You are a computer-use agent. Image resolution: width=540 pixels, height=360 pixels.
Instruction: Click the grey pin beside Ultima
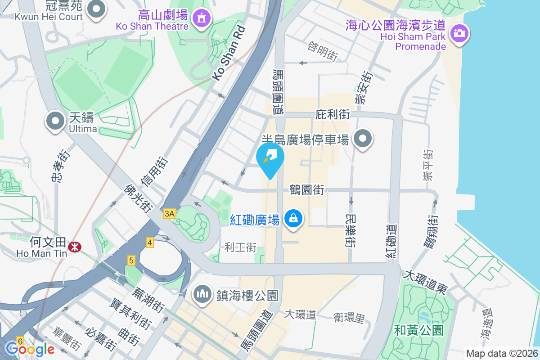(55, 121)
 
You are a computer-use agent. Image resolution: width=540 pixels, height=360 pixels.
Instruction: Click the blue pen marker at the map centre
(270, 157)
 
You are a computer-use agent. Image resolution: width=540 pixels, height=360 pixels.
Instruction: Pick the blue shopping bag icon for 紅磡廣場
(293, 219)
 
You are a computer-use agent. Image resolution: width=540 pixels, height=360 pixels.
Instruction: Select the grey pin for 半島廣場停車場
(363, 139)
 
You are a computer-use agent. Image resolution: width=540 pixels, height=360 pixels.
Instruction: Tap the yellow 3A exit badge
(169, 214)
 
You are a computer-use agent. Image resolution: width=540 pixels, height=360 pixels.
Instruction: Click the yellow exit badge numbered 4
(150, 243)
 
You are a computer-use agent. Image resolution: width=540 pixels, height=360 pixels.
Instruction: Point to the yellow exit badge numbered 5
(131, 260)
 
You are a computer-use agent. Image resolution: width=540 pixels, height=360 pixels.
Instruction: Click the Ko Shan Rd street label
(229, 53)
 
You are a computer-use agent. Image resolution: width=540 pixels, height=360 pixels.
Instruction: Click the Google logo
(30, 349)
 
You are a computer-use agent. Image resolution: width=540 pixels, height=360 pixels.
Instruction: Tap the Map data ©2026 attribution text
(501, 353)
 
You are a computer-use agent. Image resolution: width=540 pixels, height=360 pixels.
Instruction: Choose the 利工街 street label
(240, 247)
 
